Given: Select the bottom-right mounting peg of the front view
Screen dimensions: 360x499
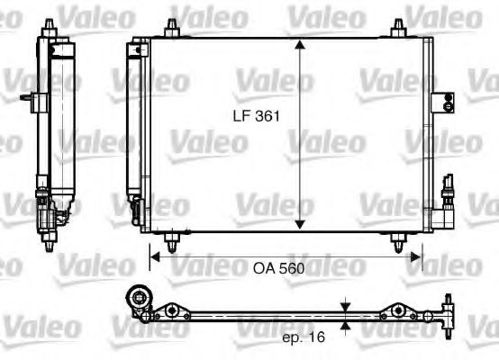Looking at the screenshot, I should (x=397, y=241).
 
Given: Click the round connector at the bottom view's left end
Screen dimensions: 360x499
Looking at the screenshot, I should (x=140, y=300).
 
